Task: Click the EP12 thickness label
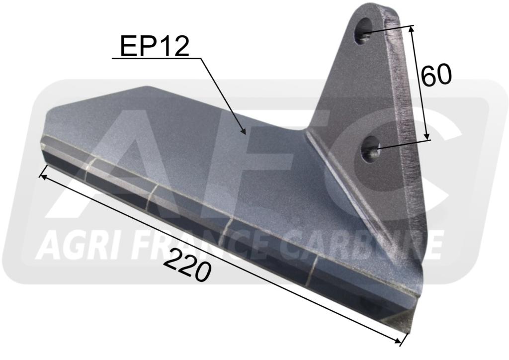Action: click(x=155, y=46)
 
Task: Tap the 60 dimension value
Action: click(x=436, y=75)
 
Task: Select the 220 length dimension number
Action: click(x=187, y=266)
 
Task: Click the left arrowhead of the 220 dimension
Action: click(x=40, y=176)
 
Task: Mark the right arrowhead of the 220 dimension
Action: click(x=401, y=342)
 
